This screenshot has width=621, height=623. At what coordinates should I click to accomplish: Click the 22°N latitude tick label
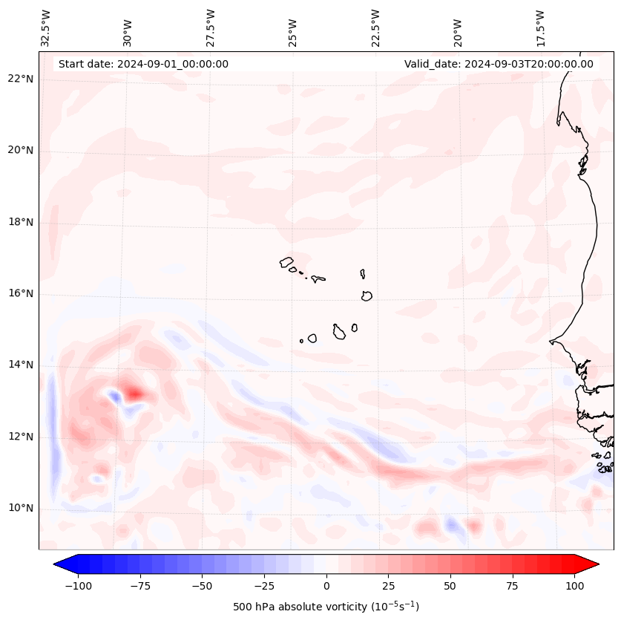click(x=21, y=79)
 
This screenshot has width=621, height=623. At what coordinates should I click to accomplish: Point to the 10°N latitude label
click(x=21, y=508)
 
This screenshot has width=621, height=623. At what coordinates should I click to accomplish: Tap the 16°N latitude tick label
click(x=21, y=293)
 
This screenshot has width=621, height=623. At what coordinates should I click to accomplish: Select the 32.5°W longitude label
click(x=45, y=29)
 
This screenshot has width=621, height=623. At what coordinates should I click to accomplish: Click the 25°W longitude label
click(x=292, y=33)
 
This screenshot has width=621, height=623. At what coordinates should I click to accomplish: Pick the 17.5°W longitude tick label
click(x=540, y=29)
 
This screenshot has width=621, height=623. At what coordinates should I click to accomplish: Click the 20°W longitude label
click(x=458, y=33)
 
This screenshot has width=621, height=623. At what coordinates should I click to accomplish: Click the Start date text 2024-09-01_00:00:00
click(x=143, y=64)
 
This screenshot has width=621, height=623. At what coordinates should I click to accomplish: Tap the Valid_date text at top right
click(x=499, y=64)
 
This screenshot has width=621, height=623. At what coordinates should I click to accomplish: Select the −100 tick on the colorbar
click(x=78, y=586)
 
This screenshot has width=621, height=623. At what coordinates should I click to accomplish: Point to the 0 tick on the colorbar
click(x=326, y=586)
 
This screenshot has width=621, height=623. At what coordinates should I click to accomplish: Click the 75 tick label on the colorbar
click(x=512, y=586)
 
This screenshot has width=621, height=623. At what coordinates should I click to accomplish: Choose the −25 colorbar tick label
click(x=264, y=586)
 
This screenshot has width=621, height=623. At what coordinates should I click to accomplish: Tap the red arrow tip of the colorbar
click(x=599, y=564)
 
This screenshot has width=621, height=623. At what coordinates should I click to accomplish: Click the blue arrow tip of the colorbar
click(x=54, y=564)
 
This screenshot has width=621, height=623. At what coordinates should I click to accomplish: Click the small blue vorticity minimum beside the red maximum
click(x=115, y=397)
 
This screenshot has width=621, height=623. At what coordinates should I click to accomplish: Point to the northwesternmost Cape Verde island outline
click(x=286, y=262)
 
